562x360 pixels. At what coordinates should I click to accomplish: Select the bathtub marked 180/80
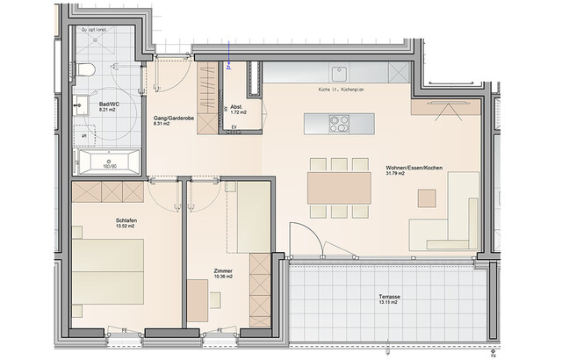coord(107,162)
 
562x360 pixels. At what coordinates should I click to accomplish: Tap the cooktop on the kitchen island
coord(339,124)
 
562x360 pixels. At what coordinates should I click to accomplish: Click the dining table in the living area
coord(339,186)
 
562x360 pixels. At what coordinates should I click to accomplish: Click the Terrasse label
coord(389,299)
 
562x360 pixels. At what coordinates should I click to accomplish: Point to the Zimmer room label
coord(223,271)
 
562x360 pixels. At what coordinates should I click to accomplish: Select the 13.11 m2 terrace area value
coord(389,306)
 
